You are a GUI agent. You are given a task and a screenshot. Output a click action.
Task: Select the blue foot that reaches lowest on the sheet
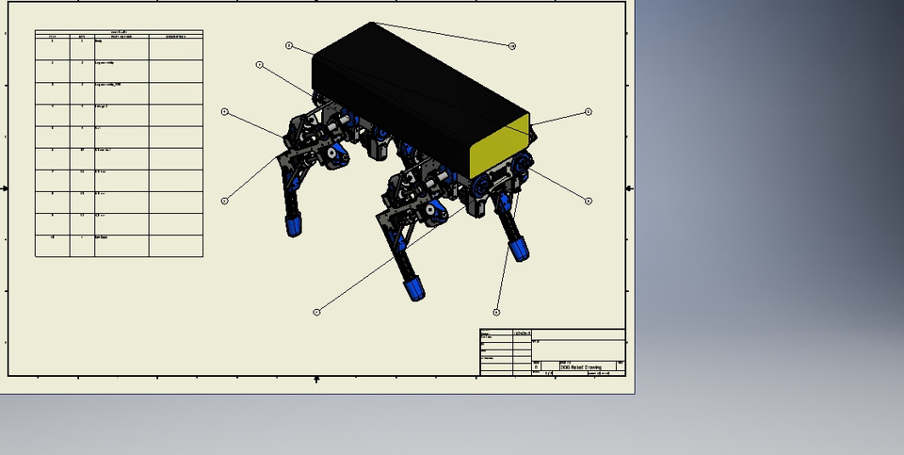(414, 288)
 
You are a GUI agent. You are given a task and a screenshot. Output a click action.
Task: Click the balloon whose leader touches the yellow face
(589, 112)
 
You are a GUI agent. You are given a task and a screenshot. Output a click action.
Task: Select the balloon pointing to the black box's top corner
(512, 46)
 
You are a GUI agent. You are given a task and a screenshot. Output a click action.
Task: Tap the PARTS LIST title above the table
(119, 31)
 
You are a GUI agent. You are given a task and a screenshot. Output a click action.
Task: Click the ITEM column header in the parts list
(52, 36)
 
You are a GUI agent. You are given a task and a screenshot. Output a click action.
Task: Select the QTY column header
(82, 36)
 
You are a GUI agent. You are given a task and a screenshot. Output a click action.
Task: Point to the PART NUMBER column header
(121, 36)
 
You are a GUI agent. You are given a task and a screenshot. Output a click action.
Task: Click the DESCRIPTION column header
(175, 36)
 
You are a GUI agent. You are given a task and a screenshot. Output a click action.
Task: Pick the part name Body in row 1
(98, 42)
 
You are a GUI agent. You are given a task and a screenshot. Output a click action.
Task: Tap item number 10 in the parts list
(52, 237)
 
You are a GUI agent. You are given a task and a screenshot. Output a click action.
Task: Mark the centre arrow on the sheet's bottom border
(316, 379)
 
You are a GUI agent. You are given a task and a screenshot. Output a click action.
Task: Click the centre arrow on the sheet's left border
(5, 187)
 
